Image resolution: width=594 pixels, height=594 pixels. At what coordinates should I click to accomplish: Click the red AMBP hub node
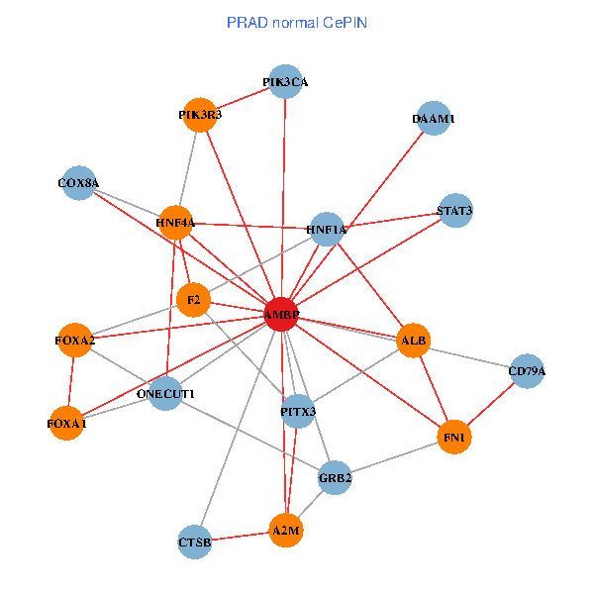click(x=281, y=315)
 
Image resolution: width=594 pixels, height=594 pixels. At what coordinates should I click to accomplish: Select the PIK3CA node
click(x=285, y=83)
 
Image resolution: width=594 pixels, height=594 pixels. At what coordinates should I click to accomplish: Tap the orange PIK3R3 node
click(x=201, y=115)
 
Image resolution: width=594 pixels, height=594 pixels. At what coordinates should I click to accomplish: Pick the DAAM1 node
click(x=434, y=119)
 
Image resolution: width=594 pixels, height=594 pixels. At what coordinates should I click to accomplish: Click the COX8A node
click(x=78, y=182)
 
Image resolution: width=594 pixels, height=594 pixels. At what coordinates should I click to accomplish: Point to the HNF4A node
click(x=175, y=223)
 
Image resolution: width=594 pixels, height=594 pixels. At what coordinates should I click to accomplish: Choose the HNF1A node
click(x=327, y=230)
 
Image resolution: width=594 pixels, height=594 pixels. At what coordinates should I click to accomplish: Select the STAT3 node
click(x=454, y=211)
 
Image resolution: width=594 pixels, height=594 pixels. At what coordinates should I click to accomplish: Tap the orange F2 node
click(x=193, y=299)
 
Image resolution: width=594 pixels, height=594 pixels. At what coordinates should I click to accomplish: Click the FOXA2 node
click(x=75, y=341)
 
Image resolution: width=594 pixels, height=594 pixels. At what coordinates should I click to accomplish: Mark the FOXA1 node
click(x=67, y=424)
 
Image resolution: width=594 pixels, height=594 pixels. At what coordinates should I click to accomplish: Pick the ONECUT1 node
click(x=165, y=394)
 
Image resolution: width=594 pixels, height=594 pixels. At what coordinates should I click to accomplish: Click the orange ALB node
click(x=413, y=341)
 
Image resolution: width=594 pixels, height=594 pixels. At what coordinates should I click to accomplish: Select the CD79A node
click(x=527, y=371)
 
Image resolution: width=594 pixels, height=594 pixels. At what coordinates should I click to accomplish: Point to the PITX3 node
click(x=298, y=410)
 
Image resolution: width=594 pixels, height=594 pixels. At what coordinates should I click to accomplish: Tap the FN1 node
click(x=453, y=436)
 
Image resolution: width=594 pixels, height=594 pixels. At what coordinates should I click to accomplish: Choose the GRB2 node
click(x=336, y=479)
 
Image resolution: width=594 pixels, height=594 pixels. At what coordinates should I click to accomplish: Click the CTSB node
click(x=195, y=542)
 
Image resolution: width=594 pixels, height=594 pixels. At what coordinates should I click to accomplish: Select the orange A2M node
click(x=285, y=532)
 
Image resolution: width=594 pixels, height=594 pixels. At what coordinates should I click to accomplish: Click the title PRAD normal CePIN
click(x=297, y=22)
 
